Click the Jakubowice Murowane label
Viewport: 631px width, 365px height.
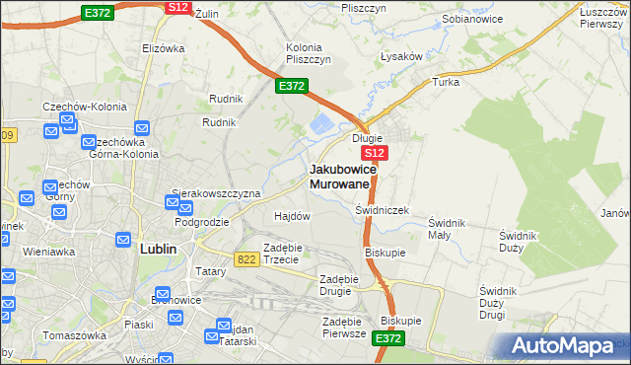(x=340, y=176)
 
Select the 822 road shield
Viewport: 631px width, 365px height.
(x=247, y=258)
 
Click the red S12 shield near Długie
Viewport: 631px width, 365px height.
(x=374, y=154)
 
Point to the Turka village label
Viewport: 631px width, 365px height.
(x=446, y=82)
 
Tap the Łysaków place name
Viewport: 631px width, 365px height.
(x=402, y=56)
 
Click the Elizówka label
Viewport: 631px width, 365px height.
(x=164, y=47)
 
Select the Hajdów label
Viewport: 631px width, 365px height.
(x=292, y=216)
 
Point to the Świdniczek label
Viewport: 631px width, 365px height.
(x=382, y=211)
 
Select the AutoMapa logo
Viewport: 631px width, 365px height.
(x=563, y=346)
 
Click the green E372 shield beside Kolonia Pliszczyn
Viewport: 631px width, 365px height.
(x=291, y=87)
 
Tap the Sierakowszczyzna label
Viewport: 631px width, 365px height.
(x=216, y=193)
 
